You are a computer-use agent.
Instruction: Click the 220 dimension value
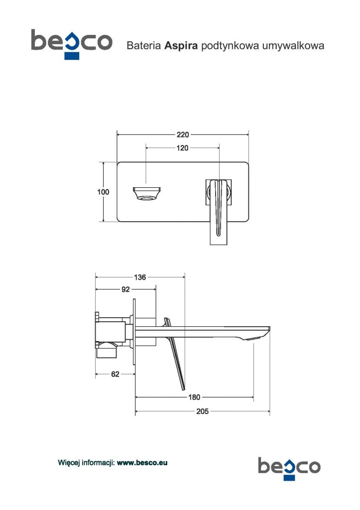tap(182, 134)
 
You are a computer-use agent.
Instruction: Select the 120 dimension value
tap(182, 148)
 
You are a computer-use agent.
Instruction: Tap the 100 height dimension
tap(103, 192)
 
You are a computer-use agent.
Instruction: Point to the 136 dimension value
tap(140, 277)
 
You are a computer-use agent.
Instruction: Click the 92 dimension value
tap(125, 289)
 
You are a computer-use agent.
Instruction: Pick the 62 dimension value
tap(115, 374)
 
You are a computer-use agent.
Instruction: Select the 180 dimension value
tap(194, 397)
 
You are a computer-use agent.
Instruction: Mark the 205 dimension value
tap(202, 411)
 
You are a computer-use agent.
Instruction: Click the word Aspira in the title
tap(181, 45)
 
